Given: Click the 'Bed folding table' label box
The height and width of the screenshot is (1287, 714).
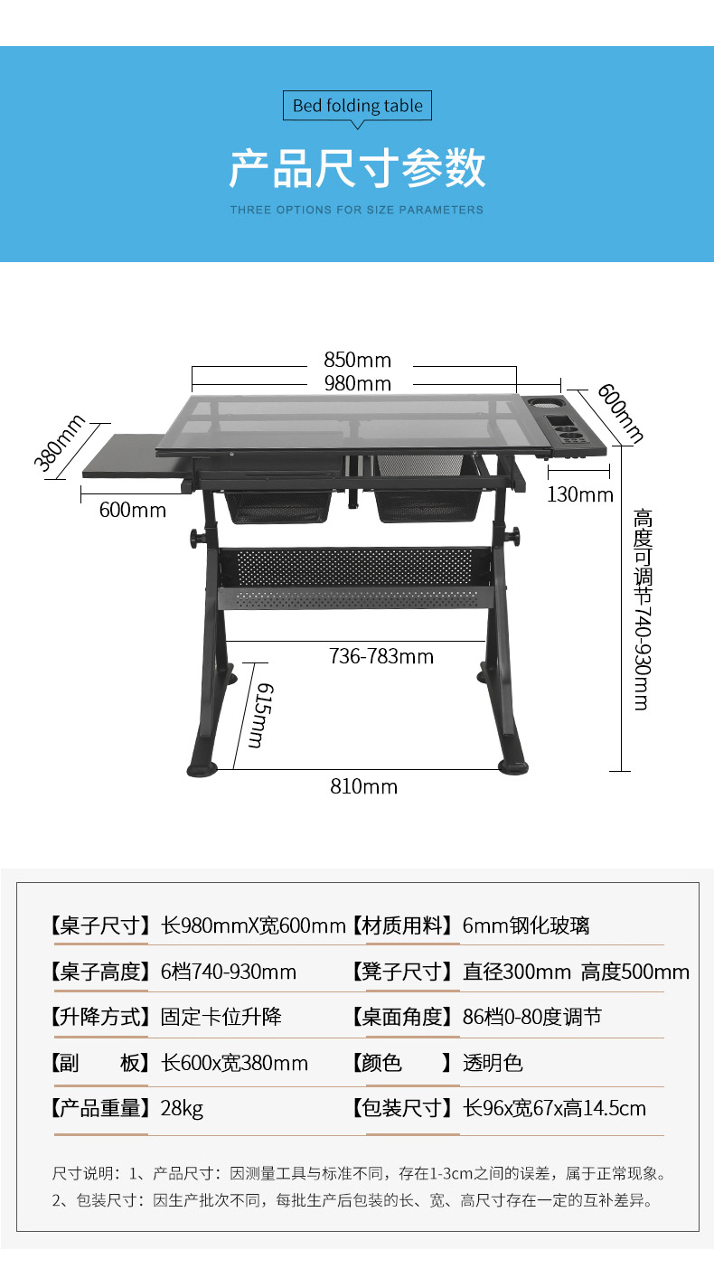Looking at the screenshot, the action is pos(357,106).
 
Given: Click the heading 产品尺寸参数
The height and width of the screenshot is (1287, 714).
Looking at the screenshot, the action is pos(357,168).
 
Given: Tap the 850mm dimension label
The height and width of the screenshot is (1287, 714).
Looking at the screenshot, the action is pos(357,361).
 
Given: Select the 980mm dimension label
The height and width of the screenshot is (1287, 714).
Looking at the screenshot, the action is pos(357,383).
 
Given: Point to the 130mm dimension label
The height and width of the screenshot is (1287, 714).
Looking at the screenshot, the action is pos(579,494).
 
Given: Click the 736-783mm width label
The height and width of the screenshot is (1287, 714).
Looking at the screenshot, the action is pos(380,656).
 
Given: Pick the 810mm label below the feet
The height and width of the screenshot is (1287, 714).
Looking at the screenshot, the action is pos(363,786).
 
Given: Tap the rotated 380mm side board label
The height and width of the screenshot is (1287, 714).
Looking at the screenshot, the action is pos(60,443).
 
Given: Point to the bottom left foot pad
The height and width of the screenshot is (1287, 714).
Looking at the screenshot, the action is pos(203,769).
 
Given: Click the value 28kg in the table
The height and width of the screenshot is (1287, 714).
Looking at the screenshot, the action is pos(182,1108).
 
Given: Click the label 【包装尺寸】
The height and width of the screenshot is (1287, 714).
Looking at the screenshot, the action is pos(400,1108).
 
